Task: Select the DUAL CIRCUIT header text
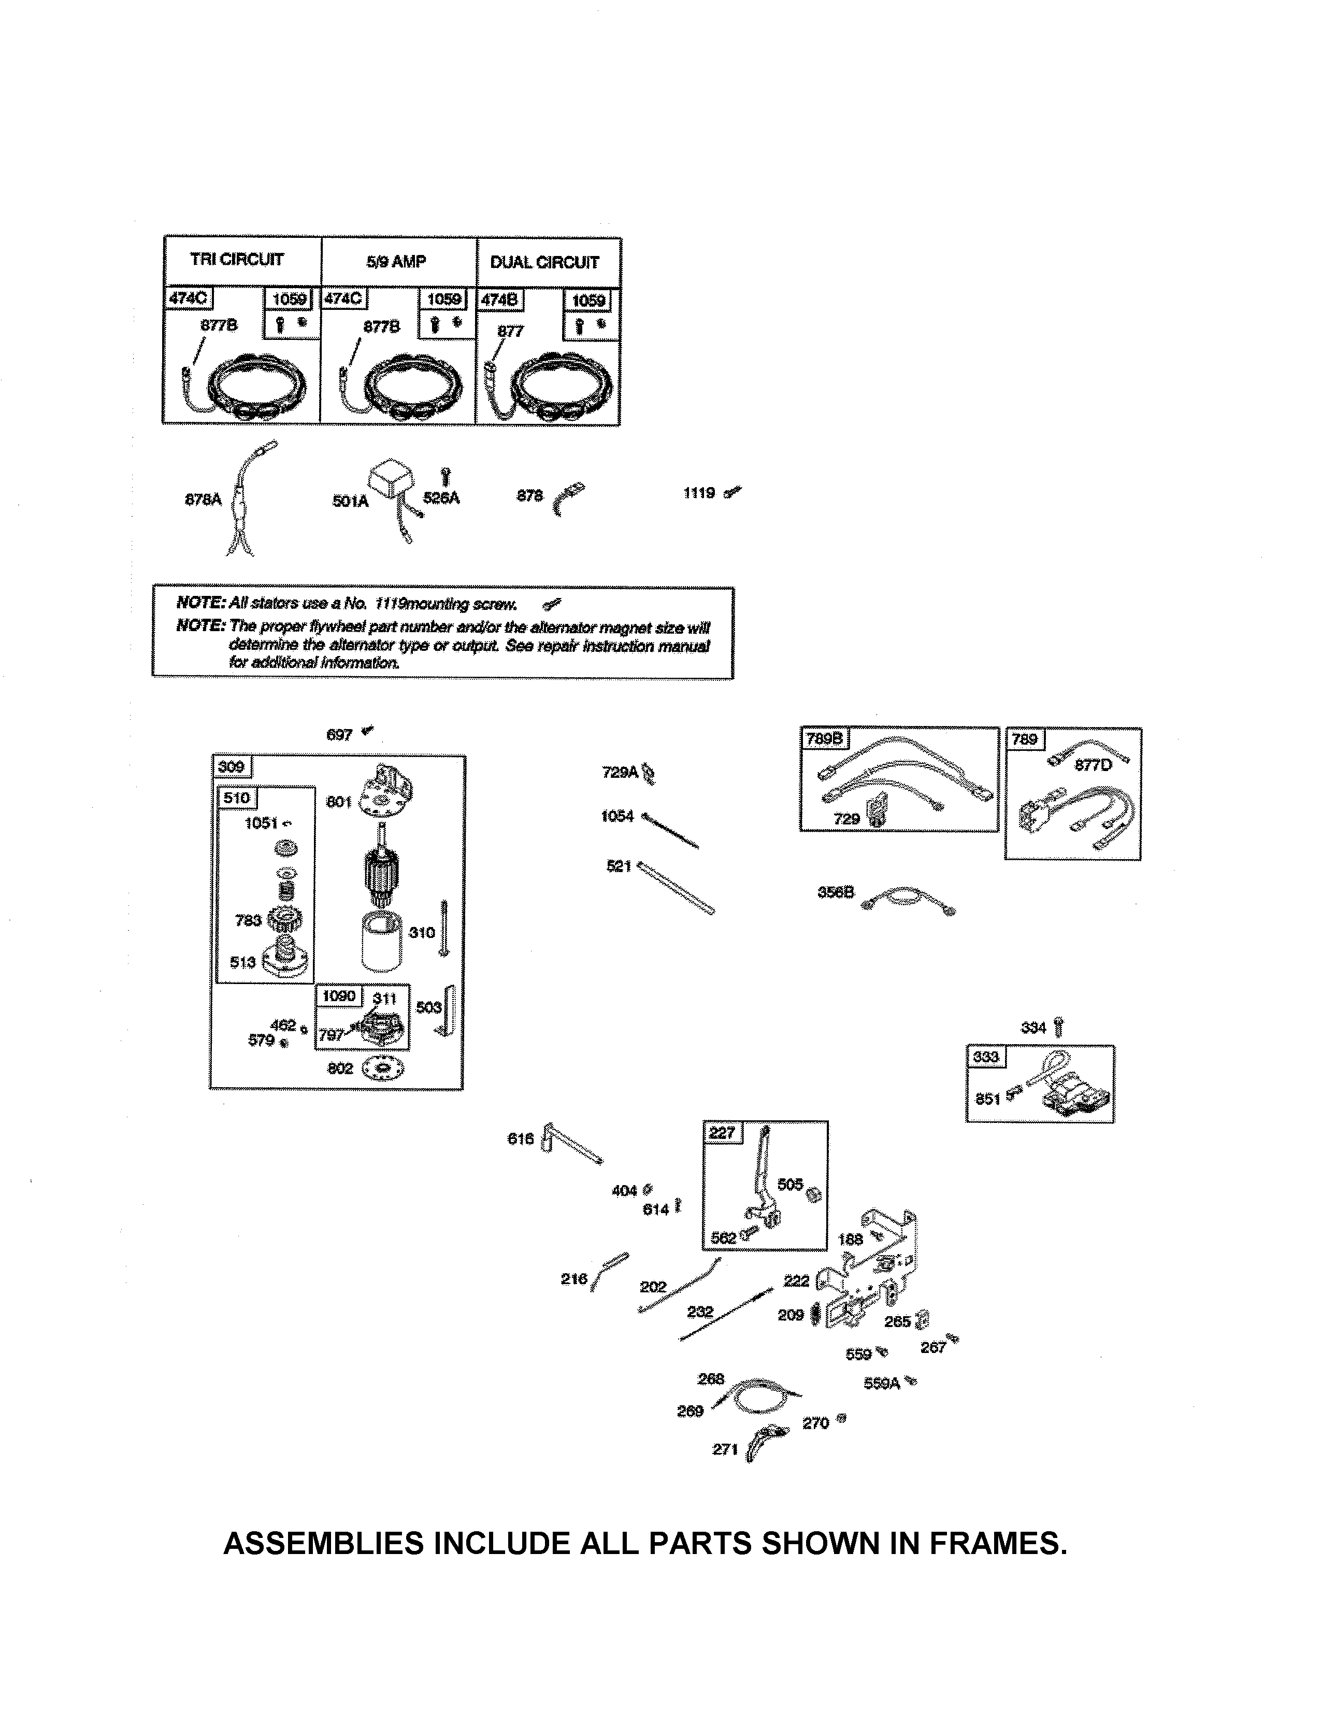(544, 262)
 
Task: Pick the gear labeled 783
(284, 919)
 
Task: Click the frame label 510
(236, 798)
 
